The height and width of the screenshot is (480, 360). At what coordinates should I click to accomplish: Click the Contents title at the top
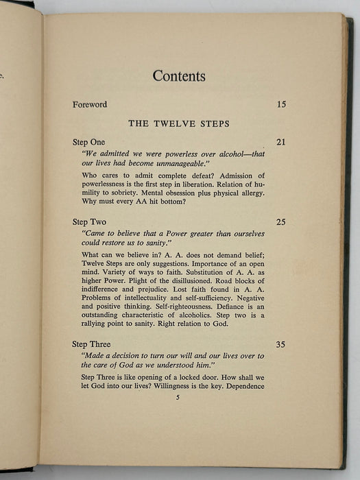179,76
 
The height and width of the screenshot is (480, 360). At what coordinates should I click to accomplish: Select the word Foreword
90,105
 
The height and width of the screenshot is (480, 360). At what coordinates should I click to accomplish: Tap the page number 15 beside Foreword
281,105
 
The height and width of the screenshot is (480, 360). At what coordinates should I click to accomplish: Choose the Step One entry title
89,141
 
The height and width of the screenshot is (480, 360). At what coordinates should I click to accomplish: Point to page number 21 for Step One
281,141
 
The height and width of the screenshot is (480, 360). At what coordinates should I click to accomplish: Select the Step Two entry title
89,222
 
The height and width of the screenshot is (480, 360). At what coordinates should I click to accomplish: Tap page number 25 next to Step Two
281,222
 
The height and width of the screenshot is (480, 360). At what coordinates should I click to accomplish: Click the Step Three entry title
92,344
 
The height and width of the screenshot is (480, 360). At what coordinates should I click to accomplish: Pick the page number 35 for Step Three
281,344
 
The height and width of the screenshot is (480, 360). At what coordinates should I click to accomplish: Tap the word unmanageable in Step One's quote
181,164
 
